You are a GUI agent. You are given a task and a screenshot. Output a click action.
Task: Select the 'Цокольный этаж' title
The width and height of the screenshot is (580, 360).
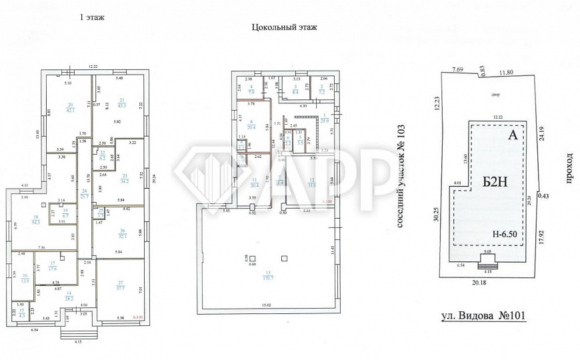click(284, 27)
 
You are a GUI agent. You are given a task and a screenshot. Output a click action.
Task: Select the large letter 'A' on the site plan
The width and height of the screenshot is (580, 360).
click(513, 136)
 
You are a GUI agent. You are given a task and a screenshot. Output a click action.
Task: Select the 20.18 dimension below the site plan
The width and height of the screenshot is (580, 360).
click(488, 283)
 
